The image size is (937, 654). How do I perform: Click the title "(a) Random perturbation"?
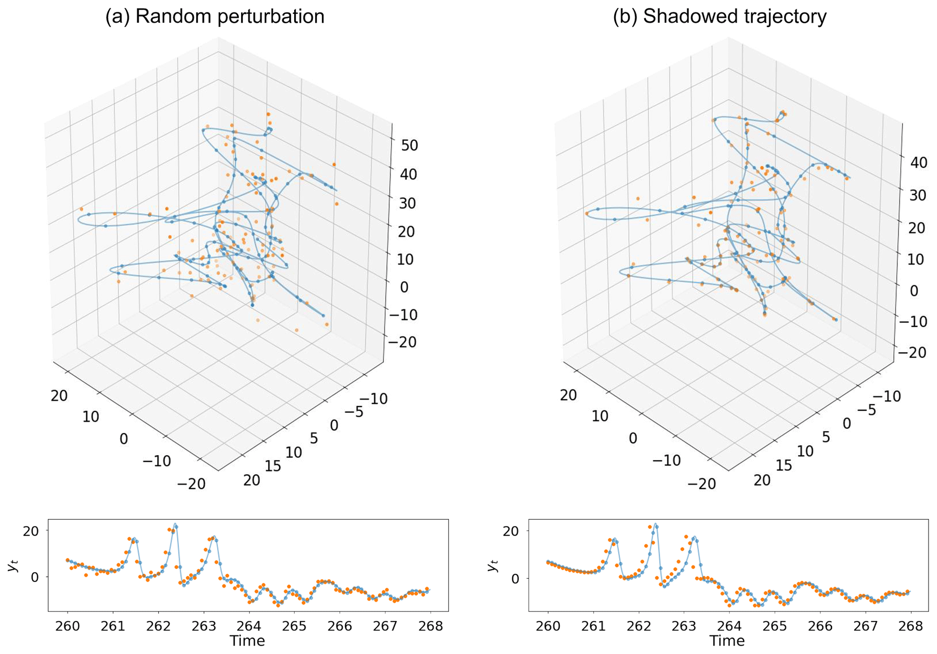215,17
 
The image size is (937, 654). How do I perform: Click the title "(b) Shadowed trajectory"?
720,17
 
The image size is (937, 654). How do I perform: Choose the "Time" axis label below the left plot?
247,640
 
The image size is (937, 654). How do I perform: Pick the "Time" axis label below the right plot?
727,640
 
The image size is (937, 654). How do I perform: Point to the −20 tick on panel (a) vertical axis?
401,342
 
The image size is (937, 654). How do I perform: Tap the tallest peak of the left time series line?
175,524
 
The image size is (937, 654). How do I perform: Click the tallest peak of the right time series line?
655,524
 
